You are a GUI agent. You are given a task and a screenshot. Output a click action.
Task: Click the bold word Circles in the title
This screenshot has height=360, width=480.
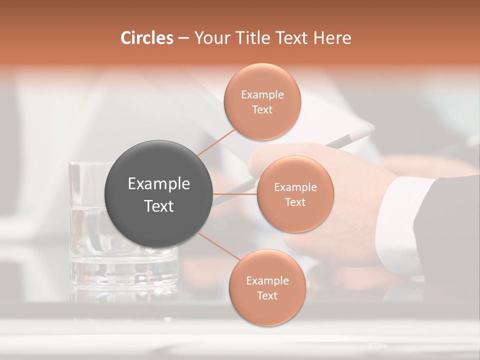[x=147, y=38]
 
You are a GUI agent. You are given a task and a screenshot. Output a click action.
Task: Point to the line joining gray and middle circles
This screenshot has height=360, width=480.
[x=235, y=194]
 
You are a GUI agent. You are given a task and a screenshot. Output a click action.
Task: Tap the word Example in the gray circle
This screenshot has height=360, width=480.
[x=159, y=184]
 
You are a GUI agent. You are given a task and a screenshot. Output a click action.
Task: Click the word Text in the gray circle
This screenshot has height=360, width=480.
[x=159, y=206]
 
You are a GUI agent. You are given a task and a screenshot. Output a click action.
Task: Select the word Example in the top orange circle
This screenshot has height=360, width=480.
[x=262, y=95]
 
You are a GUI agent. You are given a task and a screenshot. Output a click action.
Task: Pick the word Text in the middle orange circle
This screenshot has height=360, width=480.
[x=295, y=202]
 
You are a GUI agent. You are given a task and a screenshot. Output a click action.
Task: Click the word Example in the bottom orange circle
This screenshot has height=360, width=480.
[x=267, y=281]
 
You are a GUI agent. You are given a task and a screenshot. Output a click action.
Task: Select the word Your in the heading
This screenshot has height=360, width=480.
[x=210, y=38]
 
